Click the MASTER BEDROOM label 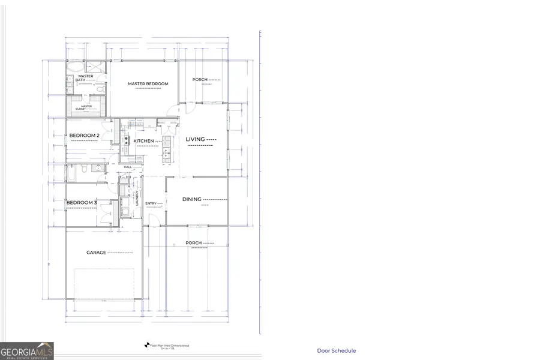[148, 83]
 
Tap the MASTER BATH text [84, 78]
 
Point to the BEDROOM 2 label [84, 136]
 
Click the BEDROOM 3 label [82, 203]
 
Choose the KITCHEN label [144, 141]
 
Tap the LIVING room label [196, 139]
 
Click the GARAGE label [97, 253]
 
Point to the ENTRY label [151, 203]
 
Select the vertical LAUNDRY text [137, 198]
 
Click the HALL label [127, 167]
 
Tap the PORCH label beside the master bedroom [200, 80]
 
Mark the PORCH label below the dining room [193, 243]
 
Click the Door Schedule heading [336, 351]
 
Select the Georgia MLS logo [27, 350]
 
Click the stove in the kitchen [127, 141]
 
